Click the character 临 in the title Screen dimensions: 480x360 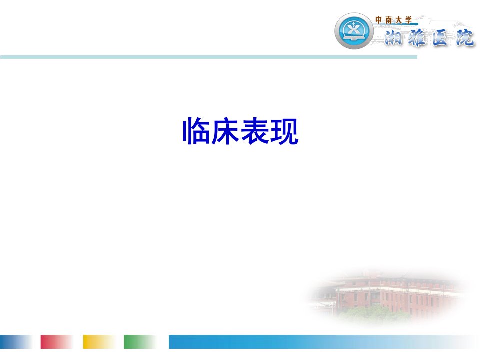pyautogui.click(x=196, y=131)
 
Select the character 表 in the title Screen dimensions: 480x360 pyautogui.click(x=254, y=131)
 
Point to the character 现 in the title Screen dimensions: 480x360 pyautogui.click(x=284, y=131)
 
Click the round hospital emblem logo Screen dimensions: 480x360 pyautogui.click(x=354, y=31)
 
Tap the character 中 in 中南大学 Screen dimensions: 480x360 pyautogui.click(x=378, y=20)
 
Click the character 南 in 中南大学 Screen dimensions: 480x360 pyautogui.click(x=389, y=20)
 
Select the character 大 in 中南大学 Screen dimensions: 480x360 pyautogui.click(x=398, y=20)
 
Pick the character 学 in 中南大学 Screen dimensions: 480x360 pyautogui.click(x=408, y=20)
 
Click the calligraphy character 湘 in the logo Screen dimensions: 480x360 pyautogui.click(x=394, y=38)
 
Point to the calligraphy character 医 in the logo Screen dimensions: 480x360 pyautogui.click(x=440, y=38)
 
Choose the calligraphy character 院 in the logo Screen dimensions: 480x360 pyautogui.click(x=464, y=38)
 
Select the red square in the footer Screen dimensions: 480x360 pyautogui.click(x=57, y=342)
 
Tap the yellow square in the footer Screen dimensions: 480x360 pyautogui.click(x=99, y=342)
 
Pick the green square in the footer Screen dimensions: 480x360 pyautogui.click(x=140, y=342)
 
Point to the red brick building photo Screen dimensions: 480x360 pyautogui.click(x=389, y=297)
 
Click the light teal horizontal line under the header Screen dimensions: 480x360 pyautogui.click(x=209, y=57)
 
